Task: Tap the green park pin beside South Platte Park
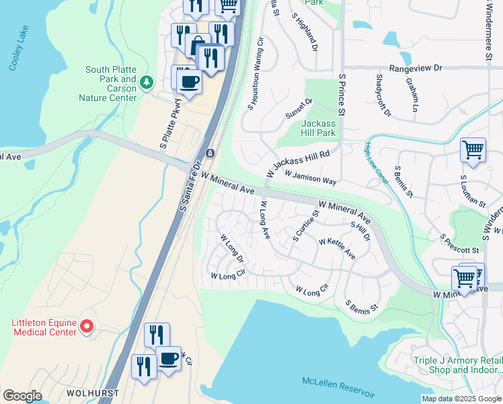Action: pos(147,82)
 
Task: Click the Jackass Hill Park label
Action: pos(318,128)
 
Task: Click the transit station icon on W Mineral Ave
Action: pos(210,154)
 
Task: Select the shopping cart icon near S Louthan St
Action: pos(473,149)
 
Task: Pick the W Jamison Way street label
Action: pos(310,177)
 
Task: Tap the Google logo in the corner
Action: pos(22,396)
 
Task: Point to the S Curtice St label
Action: pos(305,226)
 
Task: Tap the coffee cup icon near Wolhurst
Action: pos(168,358)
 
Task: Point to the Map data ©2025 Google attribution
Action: pos(461,399)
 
